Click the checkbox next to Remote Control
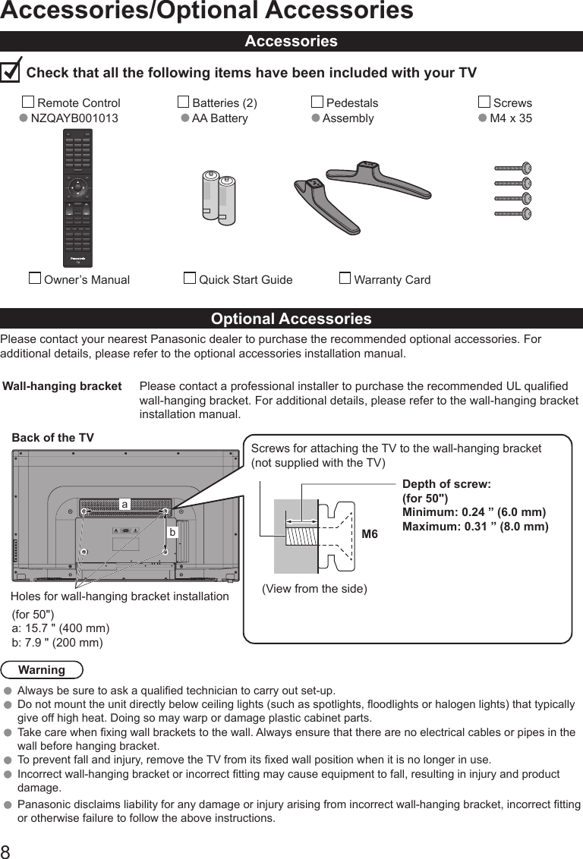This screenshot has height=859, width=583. [x=28, y=102]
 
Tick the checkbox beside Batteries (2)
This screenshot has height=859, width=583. [x=183, y=102]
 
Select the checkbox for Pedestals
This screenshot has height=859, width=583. [x=317, y=102]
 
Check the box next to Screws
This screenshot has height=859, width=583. [x=484, y=102]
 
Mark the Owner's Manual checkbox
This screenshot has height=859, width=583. [x=34, y=278]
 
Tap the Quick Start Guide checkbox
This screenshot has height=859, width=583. [x=190, y=278]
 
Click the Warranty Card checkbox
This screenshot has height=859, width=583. [x=345, y=278]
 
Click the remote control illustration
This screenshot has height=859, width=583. [x=77, y=197]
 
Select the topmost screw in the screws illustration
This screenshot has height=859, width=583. [x=513, y=168]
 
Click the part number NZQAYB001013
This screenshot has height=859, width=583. [x=74, y=118]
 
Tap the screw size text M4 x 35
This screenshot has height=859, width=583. [x=510, y=118]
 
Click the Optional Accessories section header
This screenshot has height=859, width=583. [x=291, y=319]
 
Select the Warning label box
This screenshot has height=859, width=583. [x=42, y=670]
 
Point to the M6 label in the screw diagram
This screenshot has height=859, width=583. [x=370, y=535]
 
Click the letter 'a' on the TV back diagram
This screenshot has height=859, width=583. [x=124, y=504]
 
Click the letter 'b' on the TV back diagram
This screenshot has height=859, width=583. [x=172, y=533]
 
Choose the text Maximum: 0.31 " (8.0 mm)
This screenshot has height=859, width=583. [x=474, y=527]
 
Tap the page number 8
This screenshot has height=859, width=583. [x=6, y=850]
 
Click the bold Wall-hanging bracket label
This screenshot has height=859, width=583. [x=62, y=386]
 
